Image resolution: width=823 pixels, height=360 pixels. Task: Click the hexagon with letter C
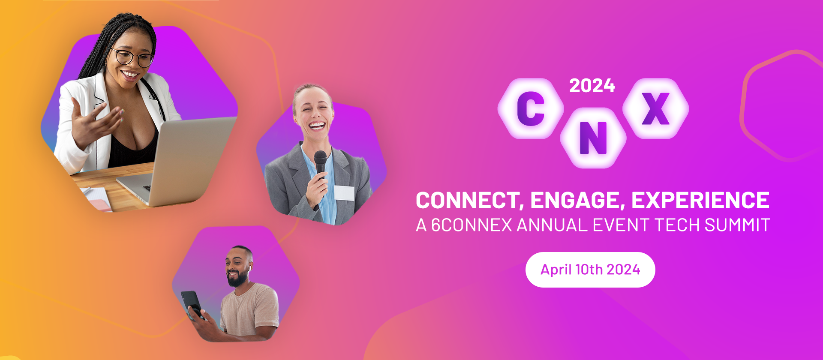[x=531, y=108]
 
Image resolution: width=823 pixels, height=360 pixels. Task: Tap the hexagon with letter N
[x=593, y=138]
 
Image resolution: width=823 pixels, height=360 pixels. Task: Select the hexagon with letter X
[x=655, y=108]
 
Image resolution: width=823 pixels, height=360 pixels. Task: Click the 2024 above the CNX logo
[x=592, y=86]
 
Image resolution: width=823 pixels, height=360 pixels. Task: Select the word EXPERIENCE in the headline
[x=700, y=201]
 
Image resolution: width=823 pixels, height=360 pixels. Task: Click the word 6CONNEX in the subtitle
[x=472, y=225]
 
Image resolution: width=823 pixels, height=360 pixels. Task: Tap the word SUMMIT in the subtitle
[x=737, y=225]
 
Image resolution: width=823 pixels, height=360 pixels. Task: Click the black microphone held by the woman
[x=320, y=161]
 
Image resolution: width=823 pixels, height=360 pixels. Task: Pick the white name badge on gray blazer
[x=344, y=193]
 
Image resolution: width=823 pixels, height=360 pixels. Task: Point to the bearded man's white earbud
[x=248, y=268]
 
